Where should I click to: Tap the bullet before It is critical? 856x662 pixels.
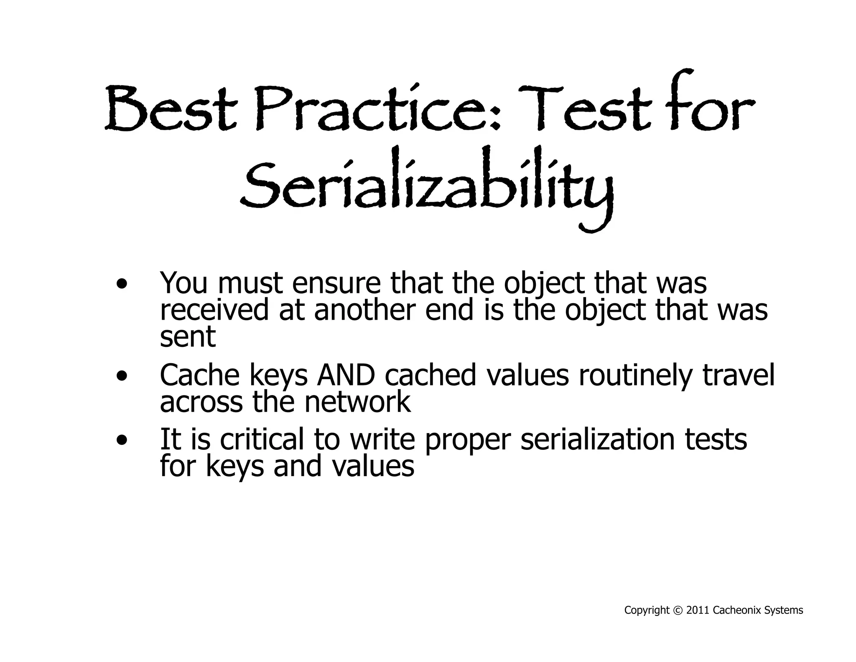click(122, 441)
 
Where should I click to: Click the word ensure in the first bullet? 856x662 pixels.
click(336, 283)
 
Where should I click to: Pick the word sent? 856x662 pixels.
click(188, 337)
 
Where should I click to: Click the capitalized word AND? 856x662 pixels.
click(346, 375)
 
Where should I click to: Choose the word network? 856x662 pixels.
click(357, 402)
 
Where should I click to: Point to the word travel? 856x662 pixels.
click(738, 375)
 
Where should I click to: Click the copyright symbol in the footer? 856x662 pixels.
click(678, 611)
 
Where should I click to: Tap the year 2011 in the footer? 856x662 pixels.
click(698, 611)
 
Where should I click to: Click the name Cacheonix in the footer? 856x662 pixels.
click(737, 611)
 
